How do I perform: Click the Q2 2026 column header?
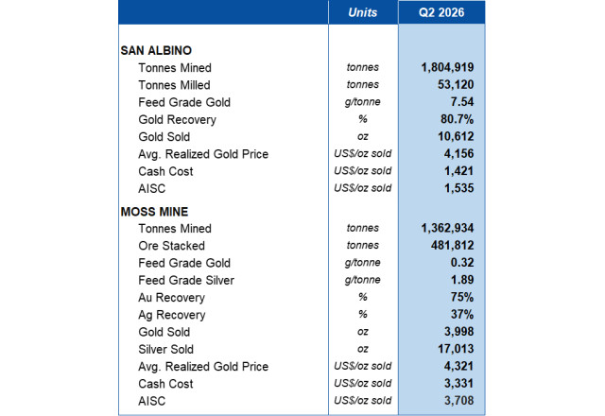tap(441, 12)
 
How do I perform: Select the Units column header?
tap(362, 12)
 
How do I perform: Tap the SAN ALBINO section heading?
tap(156, 50)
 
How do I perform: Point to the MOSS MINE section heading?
tap(154, 212)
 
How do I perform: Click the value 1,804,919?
tap(447, 67)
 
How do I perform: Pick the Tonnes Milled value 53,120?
tap(456, 84)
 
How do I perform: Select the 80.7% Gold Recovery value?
tap(457, 119)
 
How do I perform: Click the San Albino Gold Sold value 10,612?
tap(456, 136)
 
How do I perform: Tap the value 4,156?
tap(458, 153)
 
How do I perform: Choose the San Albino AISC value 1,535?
tap(458, 188)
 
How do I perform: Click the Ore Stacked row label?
tap(172, 246)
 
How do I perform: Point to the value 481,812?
tap(452, 245)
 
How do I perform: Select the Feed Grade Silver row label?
tap(186, 280)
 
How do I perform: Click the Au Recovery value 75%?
tap(462, 297)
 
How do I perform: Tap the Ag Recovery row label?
tap(172, 315)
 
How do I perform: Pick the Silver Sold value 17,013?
tap(456, 349)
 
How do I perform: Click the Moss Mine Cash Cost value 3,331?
tap(458, 383)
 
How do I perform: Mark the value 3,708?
tap(458, 401)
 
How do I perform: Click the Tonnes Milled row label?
tap(174, 85)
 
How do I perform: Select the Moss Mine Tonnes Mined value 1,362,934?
tap(447, 228)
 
